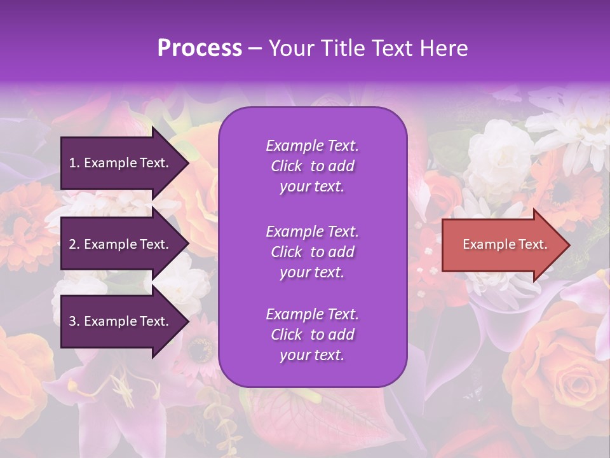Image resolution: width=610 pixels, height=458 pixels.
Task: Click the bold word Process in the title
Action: [200, 48]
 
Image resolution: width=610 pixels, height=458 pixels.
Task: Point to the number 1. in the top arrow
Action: [74, 163]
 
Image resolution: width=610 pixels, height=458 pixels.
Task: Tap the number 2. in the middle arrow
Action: [74, 244]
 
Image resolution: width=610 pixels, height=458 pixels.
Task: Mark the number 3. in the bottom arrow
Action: [74, 321]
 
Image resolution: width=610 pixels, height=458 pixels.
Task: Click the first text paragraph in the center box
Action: [312, 166]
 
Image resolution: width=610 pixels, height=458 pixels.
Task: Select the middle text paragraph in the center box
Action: [312, 252]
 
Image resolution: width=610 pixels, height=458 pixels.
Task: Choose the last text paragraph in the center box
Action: [312, 335]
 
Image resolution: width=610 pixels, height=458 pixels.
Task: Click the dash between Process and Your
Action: [255, 49]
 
